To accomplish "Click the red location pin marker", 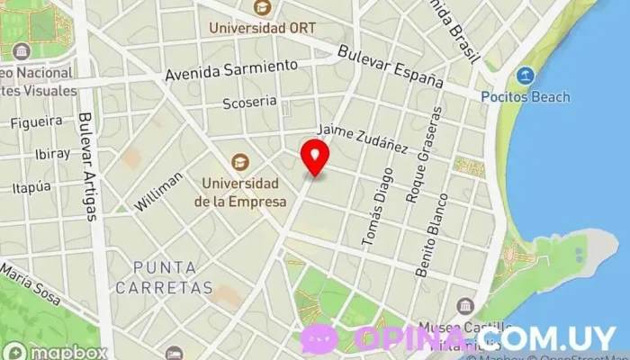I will [314, 157].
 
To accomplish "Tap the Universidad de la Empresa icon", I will [239, 162].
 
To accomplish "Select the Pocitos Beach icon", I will [526, 76].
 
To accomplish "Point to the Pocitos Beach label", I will [526, 95].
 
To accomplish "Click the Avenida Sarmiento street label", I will [231, 70].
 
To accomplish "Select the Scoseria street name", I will [250, 103].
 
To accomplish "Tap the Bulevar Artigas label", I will [87, 166].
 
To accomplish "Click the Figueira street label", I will [37, 121].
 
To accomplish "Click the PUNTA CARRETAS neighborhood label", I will [164, 277].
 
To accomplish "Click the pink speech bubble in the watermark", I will [319, 338].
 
